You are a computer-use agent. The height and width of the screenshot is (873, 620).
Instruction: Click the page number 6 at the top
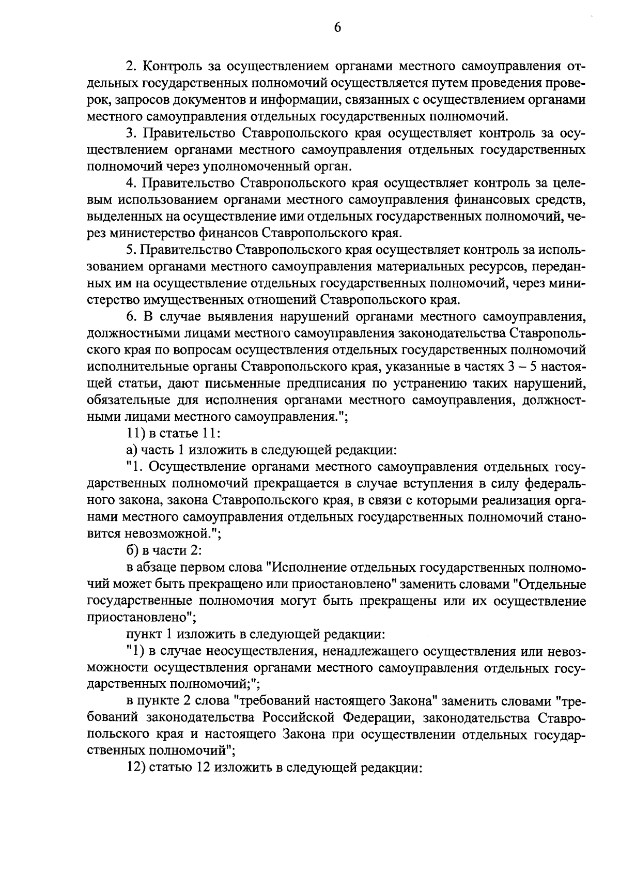337,27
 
